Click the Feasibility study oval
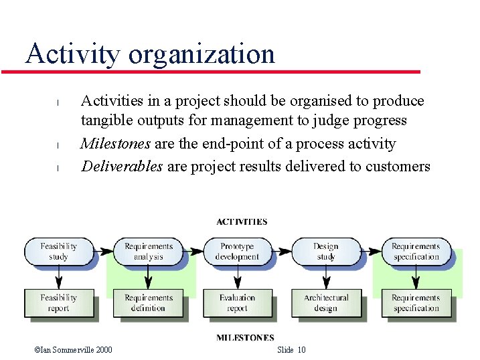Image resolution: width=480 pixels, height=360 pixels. coord(58,252)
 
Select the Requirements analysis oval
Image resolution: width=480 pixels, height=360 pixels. coord(148,252)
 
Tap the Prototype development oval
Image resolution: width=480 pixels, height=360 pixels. coord(237,252)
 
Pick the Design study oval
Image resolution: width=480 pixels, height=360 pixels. coord(326,252)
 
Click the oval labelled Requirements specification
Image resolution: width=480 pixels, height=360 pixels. coord(416,252)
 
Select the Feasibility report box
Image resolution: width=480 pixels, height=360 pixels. coord(58,303)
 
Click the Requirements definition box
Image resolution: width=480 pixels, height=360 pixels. coord(148,303)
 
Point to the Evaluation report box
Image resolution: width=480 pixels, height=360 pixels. coord(237,303)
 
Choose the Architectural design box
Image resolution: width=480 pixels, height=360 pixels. coord(326,303)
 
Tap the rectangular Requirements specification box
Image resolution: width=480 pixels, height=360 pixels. coord(416,303)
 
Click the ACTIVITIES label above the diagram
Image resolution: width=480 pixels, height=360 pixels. coord(242,221)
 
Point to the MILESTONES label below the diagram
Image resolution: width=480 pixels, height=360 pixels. coord(245,338)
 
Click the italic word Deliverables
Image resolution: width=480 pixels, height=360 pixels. coord(122,166)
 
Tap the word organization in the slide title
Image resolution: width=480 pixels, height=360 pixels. coord(202,54)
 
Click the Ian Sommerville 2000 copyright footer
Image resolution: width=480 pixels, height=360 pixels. coord(73,350)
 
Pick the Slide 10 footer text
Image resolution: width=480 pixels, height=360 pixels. coord(291,350)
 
